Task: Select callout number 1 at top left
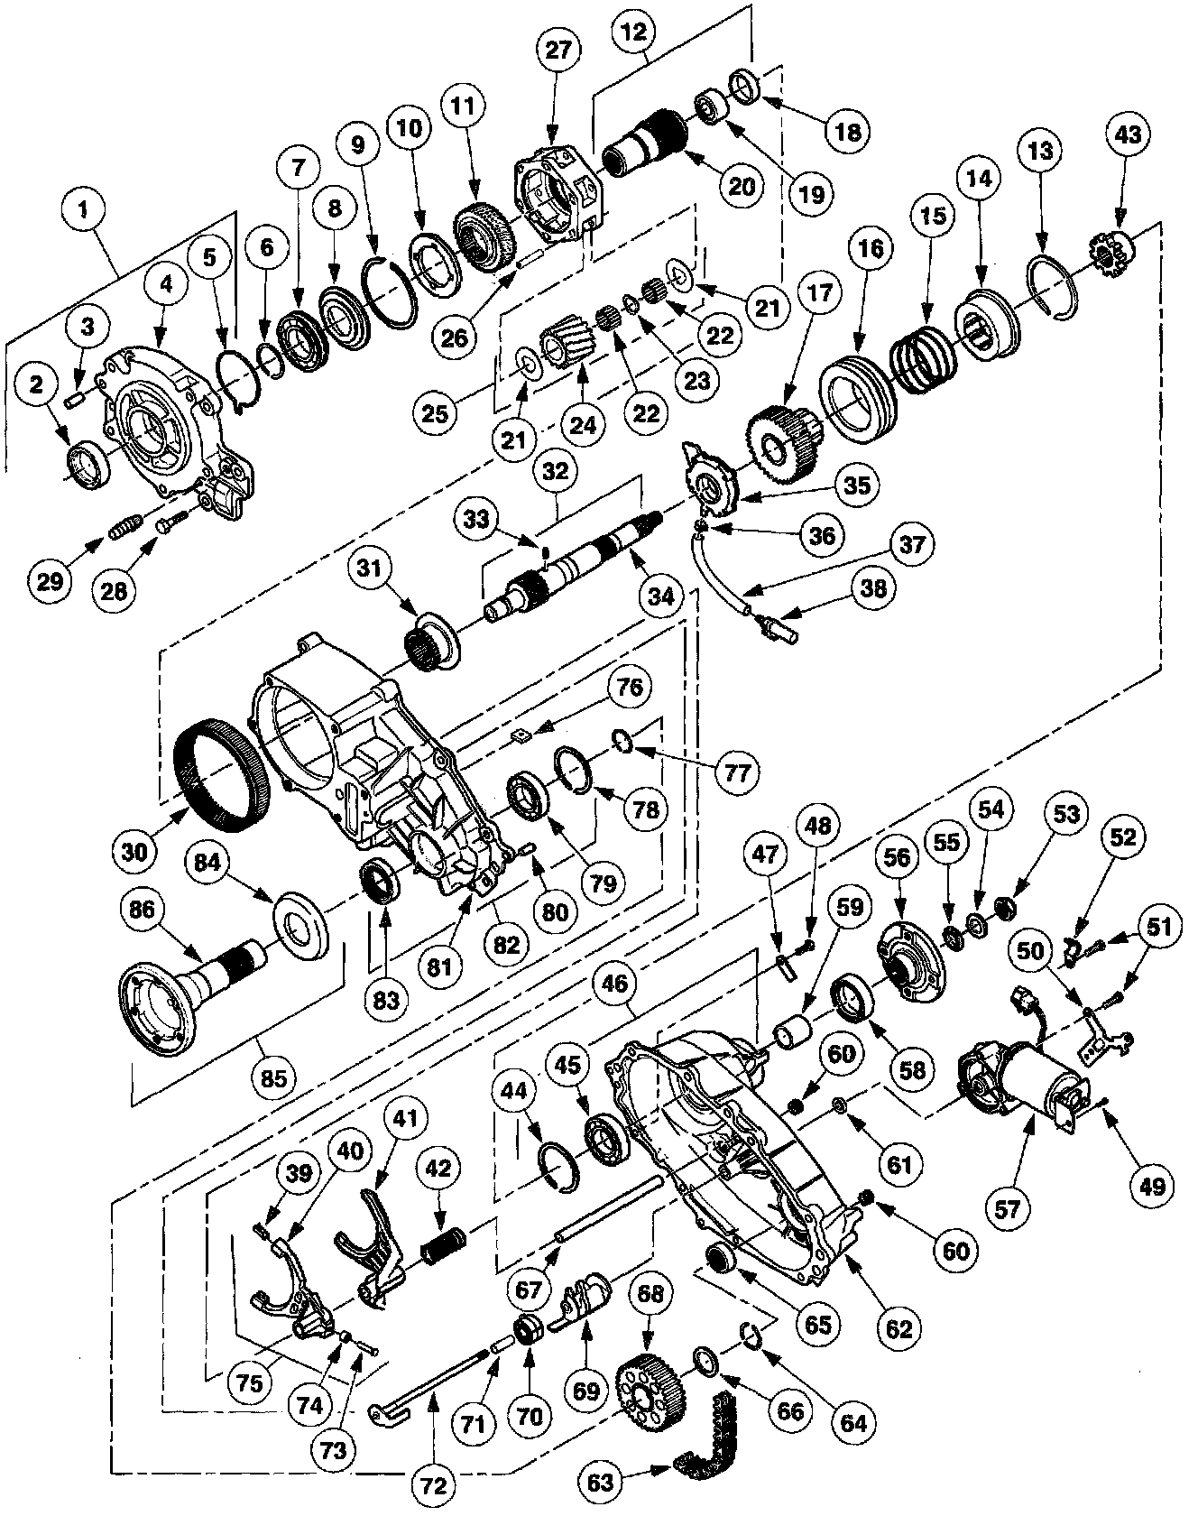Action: point(87,214)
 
